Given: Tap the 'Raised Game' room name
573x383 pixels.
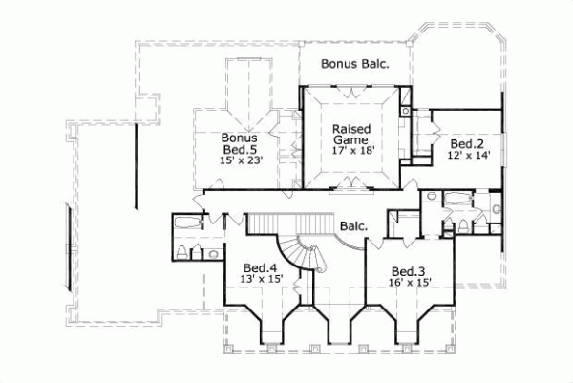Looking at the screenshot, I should point(350,134).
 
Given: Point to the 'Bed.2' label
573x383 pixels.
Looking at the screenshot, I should point(467,144).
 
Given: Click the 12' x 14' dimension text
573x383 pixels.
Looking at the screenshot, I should point(467,156).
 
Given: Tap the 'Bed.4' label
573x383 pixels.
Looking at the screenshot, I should point(259,267).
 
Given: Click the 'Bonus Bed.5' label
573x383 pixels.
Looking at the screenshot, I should point(240,143).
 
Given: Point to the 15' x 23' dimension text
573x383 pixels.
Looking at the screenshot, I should point(240,160).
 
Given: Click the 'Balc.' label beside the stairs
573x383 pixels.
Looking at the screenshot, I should point(353,226).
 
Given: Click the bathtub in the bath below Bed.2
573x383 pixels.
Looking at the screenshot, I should point(457,197).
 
